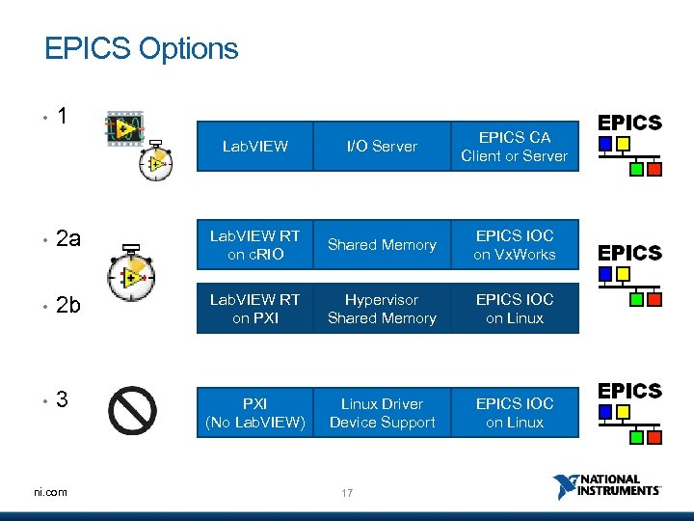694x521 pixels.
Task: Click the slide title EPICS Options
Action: [x=141, y=48]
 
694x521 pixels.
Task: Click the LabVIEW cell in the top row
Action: [x=254, y=147]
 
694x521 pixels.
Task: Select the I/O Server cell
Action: [x=382, y=147]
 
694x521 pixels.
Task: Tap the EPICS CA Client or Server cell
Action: [x=514, y=147]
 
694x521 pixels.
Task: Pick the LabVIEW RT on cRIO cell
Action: [x=254, y=245]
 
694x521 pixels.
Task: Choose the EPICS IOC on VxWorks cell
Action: [x=514, y=245]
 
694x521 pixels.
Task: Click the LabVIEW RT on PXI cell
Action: [x=254, y=309]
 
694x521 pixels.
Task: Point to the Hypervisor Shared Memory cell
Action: [x=382, y=309]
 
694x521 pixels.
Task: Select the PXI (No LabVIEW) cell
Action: [x=254, y=413]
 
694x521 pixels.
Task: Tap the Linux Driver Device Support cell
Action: [x=382, y=413]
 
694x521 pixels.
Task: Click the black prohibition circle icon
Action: [x=132, y=411]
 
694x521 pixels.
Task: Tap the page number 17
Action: [x=347, y=493]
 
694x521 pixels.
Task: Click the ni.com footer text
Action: [x=49, y=492]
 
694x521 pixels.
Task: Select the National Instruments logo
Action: [x=607, y=486]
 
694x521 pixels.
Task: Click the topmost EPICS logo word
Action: [x=629, y=123]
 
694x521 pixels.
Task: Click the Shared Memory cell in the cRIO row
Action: [x=382, y=245]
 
